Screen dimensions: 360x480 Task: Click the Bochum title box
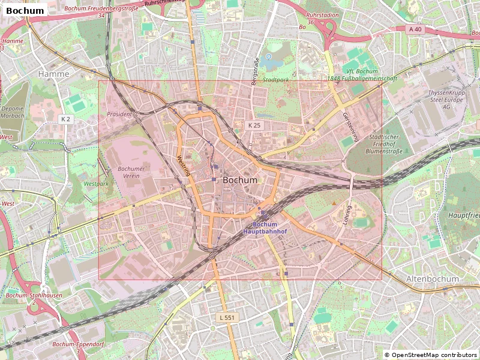click(x=25, y=10)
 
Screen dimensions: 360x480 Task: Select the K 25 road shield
click(x=254, y=125)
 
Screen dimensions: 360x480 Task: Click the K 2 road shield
click(x=65, y=119)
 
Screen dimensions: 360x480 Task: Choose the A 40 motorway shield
click(x=415, y=29)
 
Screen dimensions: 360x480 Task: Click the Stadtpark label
click(x=276, y=80)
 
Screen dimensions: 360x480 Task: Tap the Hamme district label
click(x=53, y=74)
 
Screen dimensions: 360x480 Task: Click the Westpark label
click(x=96, y=184)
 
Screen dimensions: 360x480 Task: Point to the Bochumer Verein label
click(x=129, y=172)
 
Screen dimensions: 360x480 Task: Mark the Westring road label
click(x=184, y=166)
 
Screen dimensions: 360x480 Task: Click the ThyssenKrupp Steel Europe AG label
click(x=447, y=100)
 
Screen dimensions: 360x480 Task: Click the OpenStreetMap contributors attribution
click(x=431, y=355)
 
